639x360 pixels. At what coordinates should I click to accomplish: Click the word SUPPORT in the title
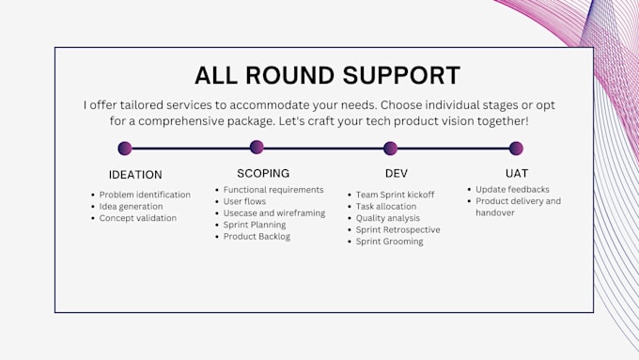401,75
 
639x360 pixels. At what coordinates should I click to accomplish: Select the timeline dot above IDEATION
125,149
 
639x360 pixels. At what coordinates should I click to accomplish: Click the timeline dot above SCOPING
257,147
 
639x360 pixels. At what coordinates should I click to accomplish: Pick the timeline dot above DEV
390,149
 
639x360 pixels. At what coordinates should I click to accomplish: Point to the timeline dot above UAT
516,149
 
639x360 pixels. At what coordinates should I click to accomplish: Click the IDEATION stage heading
135,175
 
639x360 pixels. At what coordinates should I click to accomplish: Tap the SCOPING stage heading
263,173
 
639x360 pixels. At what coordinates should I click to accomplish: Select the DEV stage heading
397,173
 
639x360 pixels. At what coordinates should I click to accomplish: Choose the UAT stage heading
517,173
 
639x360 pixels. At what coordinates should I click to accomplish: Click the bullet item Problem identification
145,195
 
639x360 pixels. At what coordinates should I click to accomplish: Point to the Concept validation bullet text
138,218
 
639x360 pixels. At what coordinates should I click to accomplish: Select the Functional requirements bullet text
273,190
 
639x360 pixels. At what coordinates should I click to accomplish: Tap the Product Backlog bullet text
257,237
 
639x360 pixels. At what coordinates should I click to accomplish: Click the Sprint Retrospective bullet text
397,229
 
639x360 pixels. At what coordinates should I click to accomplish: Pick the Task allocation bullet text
386,206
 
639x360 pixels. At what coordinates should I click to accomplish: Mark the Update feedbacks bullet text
512,189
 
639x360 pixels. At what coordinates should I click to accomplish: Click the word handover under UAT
494,212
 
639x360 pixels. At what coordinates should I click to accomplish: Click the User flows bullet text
244,201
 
